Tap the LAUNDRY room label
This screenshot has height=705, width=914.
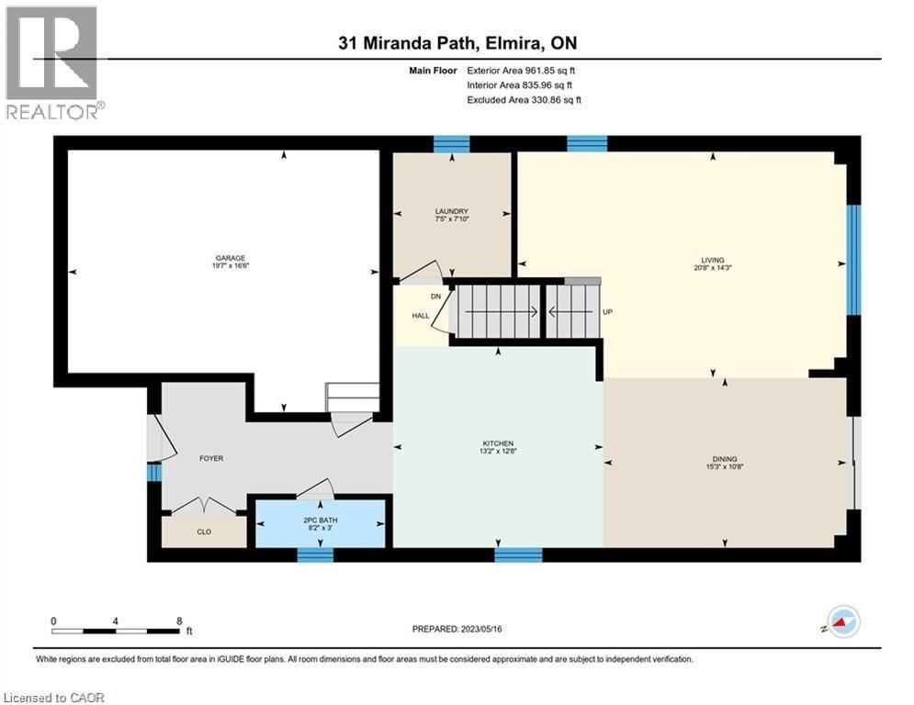pos(452,211)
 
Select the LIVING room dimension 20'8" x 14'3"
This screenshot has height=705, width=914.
pos(712,269)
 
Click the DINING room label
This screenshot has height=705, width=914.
pos(725,459)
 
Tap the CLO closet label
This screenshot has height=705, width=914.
pos(203,531)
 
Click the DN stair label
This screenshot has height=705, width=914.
pos(436,297)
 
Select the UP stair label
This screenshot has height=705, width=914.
pos(607,312)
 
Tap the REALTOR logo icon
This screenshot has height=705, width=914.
pos(51,55)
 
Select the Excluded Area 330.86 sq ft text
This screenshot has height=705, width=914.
pos(524,99)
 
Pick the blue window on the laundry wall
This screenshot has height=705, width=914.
pos(451,143)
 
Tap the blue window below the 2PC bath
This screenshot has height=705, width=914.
pos(315,554)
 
